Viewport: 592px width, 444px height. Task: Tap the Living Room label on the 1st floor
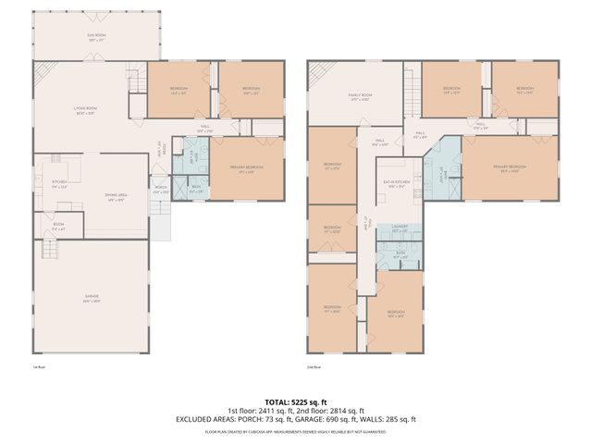coord(87,109)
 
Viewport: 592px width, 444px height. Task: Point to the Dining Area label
coord(117,197)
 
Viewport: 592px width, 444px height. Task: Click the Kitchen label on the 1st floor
coord(58,182)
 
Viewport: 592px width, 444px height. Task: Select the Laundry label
coord(399,226)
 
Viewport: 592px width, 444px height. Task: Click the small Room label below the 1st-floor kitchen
coord(57,224)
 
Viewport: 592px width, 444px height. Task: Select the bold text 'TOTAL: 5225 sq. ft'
coord(296,401)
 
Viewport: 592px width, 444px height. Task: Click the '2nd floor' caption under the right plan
coord(314,367)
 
